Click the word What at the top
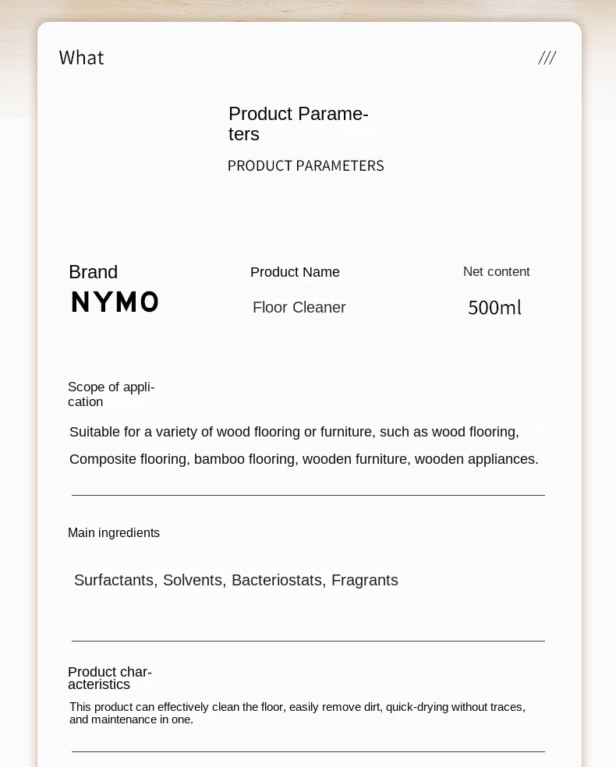(x=81, y=58)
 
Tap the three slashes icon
(x=547, y=58)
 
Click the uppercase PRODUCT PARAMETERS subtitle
(x=306, y=166)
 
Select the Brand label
(x=93, y=272)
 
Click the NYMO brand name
(x=115, y=302)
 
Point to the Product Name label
(x=295, y=272)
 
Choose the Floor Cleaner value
(x=299, y=308)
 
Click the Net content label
(x=496, y=272)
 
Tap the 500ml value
(x=494, y=308)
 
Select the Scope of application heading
(x=111, y=394)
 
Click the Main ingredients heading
(x=114, y=533)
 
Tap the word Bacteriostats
(x=278, y=581)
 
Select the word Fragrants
(x=364, y=581)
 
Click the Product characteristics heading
(x=109, y=678)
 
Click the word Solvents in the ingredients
(x=194, y=581)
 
